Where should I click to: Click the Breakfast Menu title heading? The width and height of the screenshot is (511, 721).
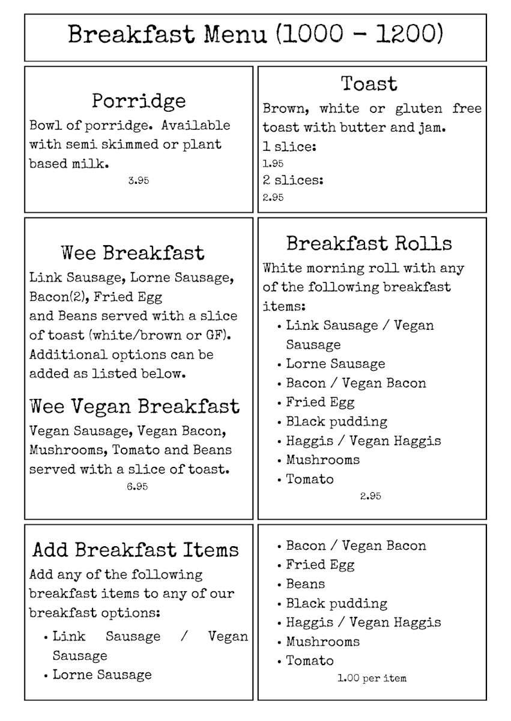click(x=255, y=35)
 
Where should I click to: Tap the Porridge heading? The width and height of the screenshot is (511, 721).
click(x=139, y=101)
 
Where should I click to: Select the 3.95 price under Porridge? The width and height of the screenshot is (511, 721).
click(x=138, y=180)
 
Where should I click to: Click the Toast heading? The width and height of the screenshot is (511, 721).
click(x=369, y=84)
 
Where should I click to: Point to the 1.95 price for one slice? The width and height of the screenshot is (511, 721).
click(x=273, y=163)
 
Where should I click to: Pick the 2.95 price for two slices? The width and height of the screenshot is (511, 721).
click(x=273, y=197)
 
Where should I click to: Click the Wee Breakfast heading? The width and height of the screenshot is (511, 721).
click(x=133, y=253)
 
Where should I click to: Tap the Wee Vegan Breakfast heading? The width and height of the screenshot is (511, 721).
click(x=135, y=407)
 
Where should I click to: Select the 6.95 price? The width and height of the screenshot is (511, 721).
click(x=137, y=487)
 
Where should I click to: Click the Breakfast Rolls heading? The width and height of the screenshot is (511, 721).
click(x=369, y=243)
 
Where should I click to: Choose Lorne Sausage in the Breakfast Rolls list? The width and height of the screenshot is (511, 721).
click(x=335, y=364)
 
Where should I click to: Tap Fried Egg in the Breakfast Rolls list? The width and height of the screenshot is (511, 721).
click(x=320, y=403)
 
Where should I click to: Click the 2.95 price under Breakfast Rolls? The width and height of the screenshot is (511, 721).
click(x=370, y=496)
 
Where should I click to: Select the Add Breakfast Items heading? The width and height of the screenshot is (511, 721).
click(x=136, y=550)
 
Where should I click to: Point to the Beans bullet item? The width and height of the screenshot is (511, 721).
click(x=305, y=584)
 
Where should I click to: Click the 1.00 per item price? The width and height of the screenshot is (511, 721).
click(x=372, y=678)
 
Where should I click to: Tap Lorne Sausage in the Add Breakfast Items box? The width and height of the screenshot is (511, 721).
click(x=102, y=675)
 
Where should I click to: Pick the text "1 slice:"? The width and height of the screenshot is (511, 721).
click(x=290, y=147)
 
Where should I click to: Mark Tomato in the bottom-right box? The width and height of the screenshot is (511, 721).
click(x=309, y=661)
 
